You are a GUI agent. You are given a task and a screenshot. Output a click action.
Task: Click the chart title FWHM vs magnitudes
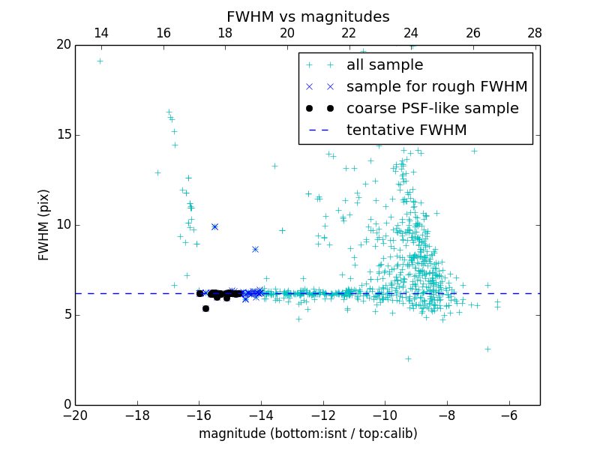click(307, 16)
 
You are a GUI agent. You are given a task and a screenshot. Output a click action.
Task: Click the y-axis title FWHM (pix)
click(44, 224)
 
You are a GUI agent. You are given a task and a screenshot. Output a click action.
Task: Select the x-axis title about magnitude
click(307, 433)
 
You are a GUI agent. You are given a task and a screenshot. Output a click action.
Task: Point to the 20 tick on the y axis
click(64, 45)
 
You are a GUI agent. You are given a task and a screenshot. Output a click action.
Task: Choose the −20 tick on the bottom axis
click(75, 415)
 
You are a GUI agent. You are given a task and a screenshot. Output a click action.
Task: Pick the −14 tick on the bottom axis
click(261, 415)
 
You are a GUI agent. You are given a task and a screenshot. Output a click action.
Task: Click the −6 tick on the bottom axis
click(509, 415)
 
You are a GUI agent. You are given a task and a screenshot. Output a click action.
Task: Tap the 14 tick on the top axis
click(100, 33)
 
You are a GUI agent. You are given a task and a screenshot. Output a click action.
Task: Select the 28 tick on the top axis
click(535, 33)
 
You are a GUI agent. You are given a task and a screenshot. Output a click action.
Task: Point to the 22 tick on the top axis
click(349, 33)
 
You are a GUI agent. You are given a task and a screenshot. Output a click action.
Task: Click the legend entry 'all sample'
click(385, 65)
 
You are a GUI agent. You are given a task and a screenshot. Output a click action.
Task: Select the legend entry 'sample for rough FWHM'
click(436, 87)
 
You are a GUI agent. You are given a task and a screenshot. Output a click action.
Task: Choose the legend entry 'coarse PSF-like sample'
click(432, 109)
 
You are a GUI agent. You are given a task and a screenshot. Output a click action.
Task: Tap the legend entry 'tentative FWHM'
click(406, 130)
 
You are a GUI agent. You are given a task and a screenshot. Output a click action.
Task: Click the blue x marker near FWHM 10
click(214, 226)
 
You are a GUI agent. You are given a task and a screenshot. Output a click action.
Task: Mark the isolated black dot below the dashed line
click(205, 308)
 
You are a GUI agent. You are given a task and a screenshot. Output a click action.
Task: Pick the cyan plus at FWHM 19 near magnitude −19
click(100, 61)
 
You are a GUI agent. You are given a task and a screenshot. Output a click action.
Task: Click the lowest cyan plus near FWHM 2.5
click(408, 358)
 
